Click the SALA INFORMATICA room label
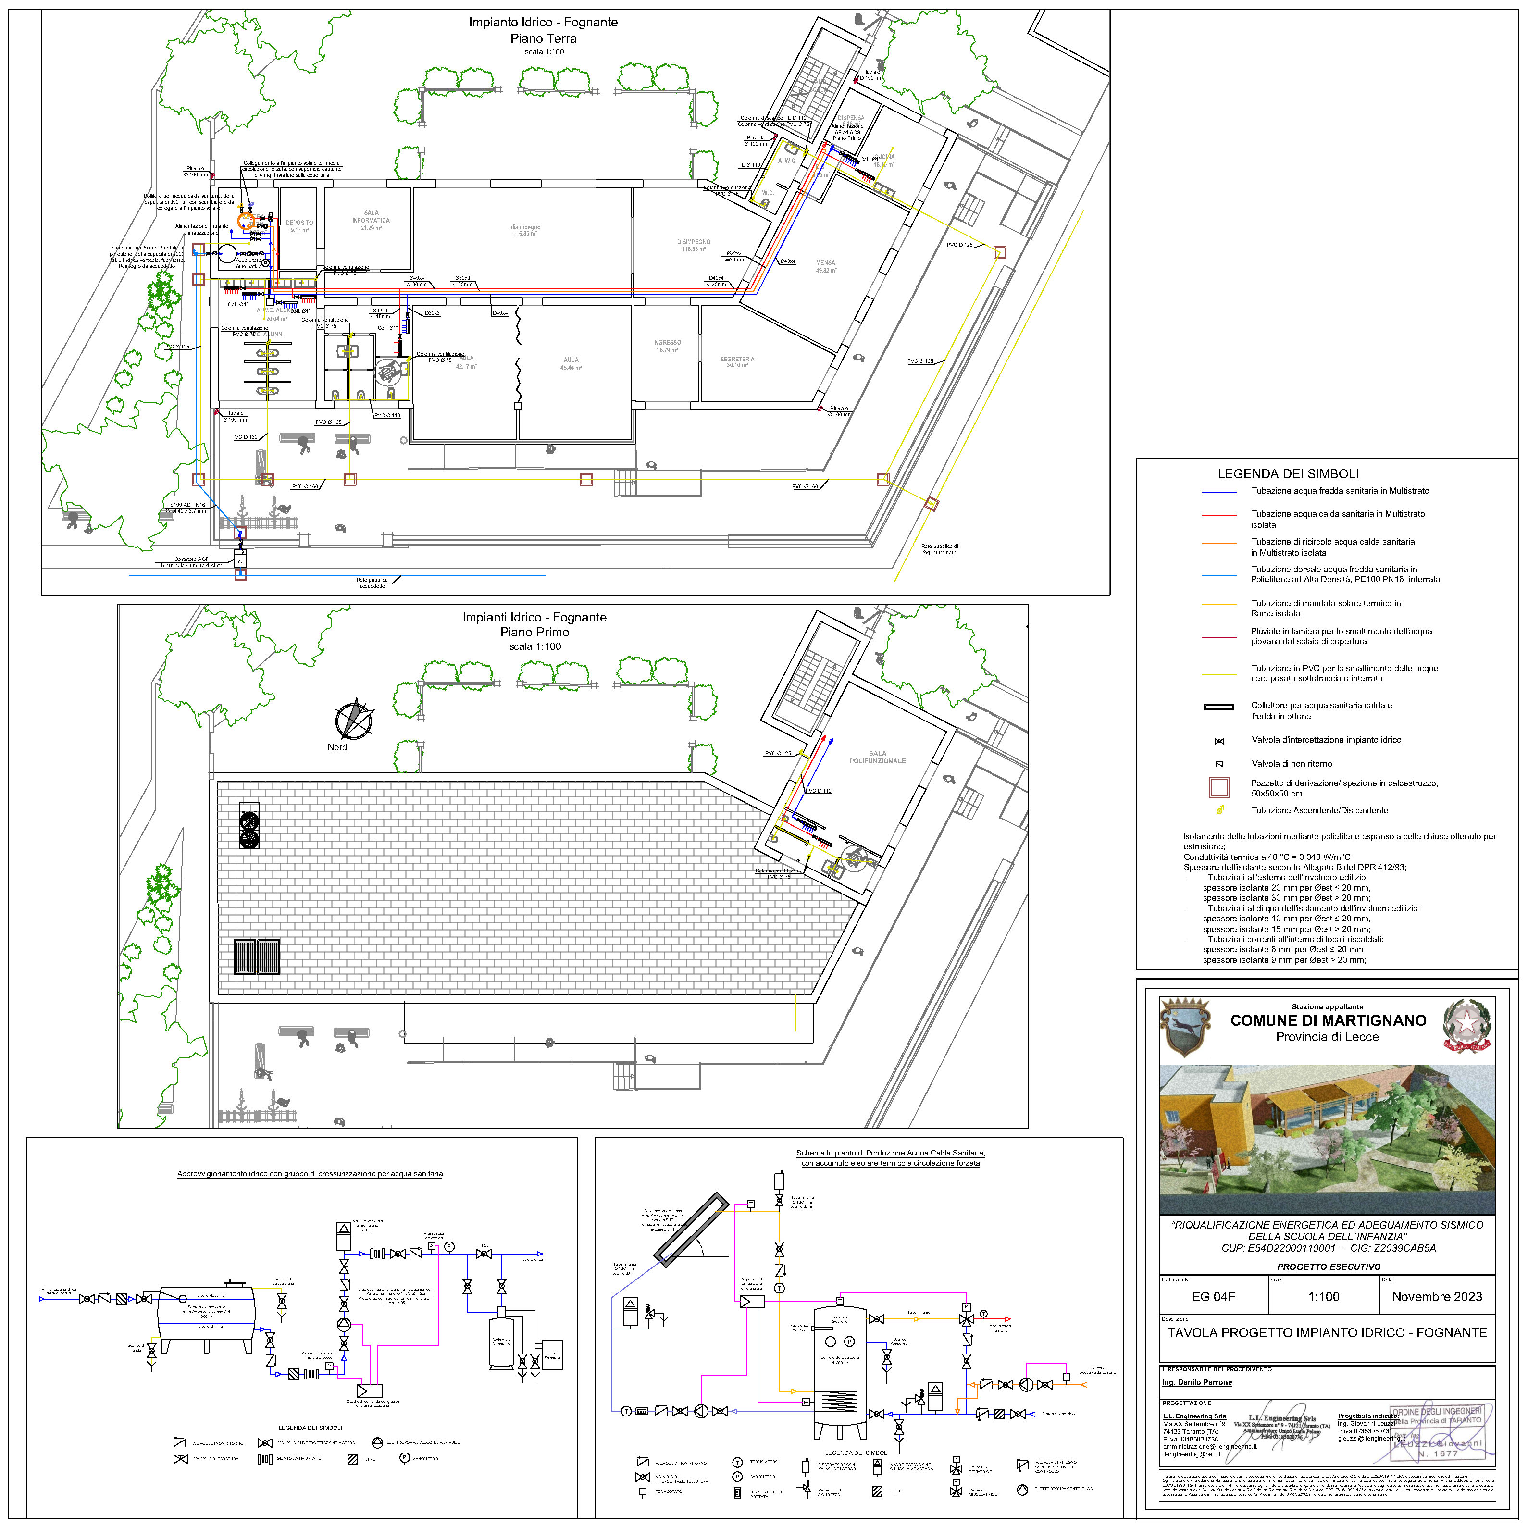[x=371, y=220]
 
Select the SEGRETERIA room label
[x=737, y=361]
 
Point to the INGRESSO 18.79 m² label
[x=667, y=346]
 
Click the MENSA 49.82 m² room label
[x=826, y=266]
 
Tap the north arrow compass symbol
[x=353, y=720]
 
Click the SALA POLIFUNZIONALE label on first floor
[x=877, y=757]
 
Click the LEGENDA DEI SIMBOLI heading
[x=1288, y=474]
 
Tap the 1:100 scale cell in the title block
[x=1323, y=1296]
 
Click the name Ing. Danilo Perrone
[x=1197, y=1382]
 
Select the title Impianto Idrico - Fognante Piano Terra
[x=543, y=30]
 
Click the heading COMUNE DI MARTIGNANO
[x=1328, y=1020]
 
